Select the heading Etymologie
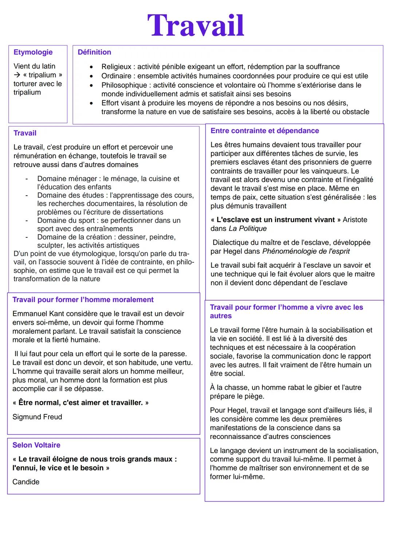coord(33,52)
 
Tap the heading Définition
coord(94,52)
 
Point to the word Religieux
coord(116,67)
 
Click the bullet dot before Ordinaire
coord(92,76)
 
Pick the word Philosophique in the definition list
coord(125,85)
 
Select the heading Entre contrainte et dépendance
coord(265,130)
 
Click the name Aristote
coord(355,220)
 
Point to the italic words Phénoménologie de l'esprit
coord(306,251)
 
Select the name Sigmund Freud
coord(37,417)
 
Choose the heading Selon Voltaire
coord(36,445)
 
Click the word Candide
coord(26,482)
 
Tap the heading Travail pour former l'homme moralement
coord(83,299)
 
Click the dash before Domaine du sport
coord(26,221)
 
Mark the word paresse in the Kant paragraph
coord(173,354)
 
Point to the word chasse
coord(235,387)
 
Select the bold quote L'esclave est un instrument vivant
coord(275,220)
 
